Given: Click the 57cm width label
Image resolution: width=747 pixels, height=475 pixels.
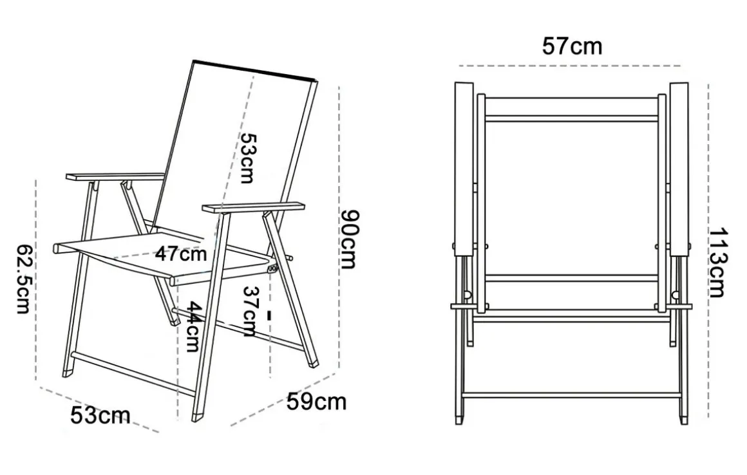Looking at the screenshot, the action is click(572, 46).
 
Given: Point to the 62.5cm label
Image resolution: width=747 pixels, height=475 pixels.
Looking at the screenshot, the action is click(24, 279).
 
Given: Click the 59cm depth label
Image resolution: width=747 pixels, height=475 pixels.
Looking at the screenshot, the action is click(316, 402).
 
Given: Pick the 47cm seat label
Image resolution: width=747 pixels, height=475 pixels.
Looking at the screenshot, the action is click(181, 254).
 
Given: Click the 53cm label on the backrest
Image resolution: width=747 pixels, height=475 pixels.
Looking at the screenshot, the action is click(248, 158).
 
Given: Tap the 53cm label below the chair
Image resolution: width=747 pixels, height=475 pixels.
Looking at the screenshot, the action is click(100, 416).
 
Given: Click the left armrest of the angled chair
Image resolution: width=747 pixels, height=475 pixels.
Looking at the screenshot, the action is click(115, 177).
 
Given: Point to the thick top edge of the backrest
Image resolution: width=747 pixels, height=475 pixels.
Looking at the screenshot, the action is click(254, 70).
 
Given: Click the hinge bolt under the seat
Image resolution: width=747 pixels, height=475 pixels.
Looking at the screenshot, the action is click(272, 269).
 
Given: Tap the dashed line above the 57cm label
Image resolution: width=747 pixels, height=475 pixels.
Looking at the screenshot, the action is click(569, 66).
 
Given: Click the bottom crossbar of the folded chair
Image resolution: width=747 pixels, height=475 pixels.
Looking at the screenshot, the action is click(572, 395).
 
